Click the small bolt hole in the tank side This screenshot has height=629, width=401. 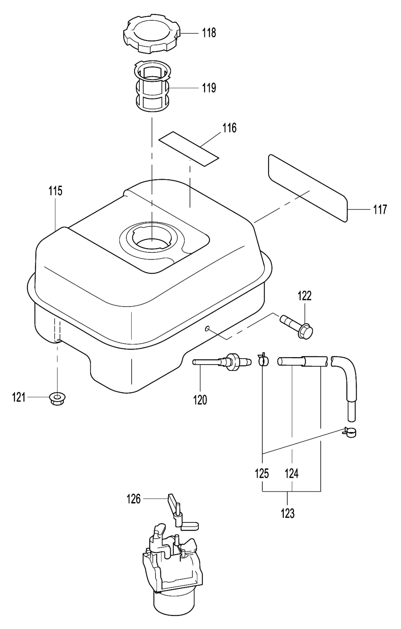click(207, 329)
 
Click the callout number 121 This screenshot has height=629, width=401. click(19, 398)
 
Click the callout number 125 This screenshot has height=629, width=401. click(262, 474)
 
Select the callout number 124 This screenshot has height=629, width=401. click(292, 474)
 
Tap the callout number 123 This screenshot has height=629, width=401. click(288, 513)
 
